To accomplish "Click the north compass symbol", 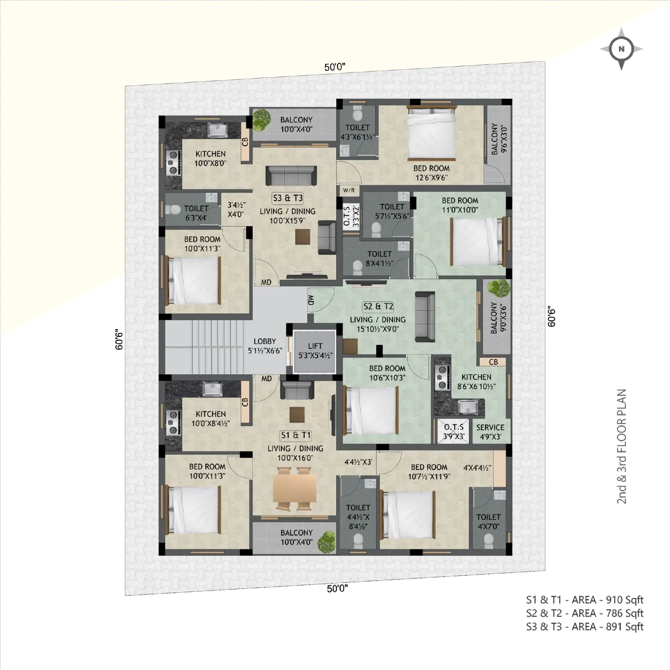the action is coord(621,49).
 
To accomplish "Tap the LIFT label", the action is coord(315,346).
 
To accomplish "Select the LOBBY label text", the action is coord(265,341).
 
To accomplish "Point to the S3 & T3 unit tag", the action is coord(288,198).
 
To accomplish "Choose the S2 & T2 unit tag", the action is coord(378,306).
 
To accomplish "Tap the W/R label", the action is coord(349,190).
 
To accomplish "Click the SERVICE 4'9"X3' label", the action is coord(490,432).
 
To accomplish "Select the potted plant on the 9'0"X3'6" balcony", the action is coord(498,289).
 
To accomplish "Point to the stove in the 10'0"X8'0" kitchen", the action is coord(173,163).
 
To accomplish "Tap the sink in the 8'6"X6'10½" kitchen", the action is coord(467,406).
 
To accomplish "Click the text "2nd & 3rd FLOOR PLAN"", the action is coord(622,447).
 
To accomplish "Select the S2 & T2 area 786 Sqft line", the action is coord(585,613).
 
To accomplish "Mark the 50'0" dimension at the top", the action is coord(335,67).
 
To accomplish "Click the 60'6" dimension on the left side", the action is coord(119,339).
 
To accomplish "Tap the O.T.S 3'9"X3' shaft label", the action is coord(454,431).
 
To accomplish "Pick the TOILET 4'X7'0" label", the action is coord(489,522).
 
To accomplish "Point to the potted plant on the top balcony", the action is coord(261,119).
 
